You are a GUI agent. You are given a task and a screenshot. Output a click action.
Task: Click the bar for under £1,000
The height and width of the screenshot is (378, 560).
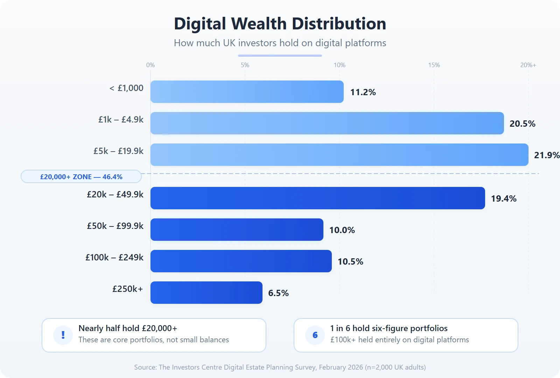(x=247, y=92)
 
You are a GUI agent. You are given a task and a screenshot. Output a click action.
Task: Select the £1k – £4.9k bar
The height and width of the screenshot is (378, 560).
(x=327, y=123)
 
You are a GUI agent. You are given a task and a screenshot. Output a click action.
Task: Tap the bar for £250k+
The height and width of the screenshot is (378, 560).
(x=206, y=293)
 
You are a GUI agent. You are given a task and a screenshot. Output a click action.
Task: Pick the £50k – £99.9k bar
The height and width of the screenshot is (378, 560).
(x=237, y=230)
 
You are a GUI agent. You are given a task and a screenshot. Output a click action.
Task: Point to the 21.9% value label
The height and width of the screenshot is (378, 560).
(x=546, y=155)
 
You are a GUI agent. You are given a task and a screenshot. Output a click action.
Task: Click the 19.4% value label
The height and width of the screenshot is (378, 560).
(x=503, y=198)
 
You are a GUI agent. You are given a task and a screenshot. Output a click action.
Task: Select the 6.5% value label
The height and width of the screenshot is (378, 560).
(x=278, y=293)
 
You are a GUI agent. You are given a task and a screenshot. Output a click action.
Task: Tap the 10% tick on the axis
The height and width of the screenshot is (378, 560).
(x=339, y=65)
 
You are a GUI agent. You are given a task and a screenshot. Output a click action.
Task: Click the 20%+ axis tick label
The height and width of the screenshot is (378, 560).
(x=528, y=65)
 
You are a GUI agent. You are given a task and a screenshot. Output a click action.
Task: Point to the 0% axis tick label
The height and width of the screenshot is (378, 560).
(x=150, y=65)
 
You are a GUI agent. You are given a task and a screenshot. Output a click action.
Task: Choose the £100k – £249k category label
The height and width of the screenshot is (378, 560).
(x=114, y=257)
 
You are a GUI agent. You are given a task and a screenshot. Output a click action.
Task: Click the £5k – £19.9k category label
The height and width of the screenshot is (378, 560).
(x=118, y=151)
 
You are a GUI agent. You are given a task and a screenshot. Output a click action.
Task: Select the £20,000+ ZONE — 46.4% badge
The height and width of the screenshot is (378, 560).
(x=81, y=177)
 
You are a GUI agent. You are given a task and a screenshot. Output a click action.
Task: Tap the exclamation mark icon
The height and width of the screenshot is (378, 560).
(x=63, y=335)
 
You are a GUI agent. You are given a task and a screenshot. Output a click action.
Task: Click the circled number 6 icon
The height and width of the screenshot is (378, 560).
(x=315, y=335)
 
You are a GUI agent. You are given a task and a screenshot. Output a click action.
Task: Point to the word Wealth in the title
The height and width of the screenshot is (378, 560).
(x=259, y=24)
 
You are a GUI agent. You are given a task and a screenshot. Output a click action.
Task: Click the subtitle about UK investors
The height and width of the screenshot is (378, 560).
(x=280, y=43)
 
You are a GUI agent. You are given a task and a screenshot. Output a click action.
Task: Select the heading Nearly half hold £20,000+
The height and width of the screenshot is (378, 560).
(x=128, y=328)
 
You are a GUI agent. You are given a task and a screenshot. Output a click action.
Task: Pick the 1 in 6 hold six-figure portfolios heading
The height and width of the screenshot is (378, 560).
(x=389, y=328)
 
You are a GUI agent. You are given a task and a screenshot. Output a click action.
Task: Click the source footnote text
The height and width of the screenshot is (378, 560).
(x=280, y=367)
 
